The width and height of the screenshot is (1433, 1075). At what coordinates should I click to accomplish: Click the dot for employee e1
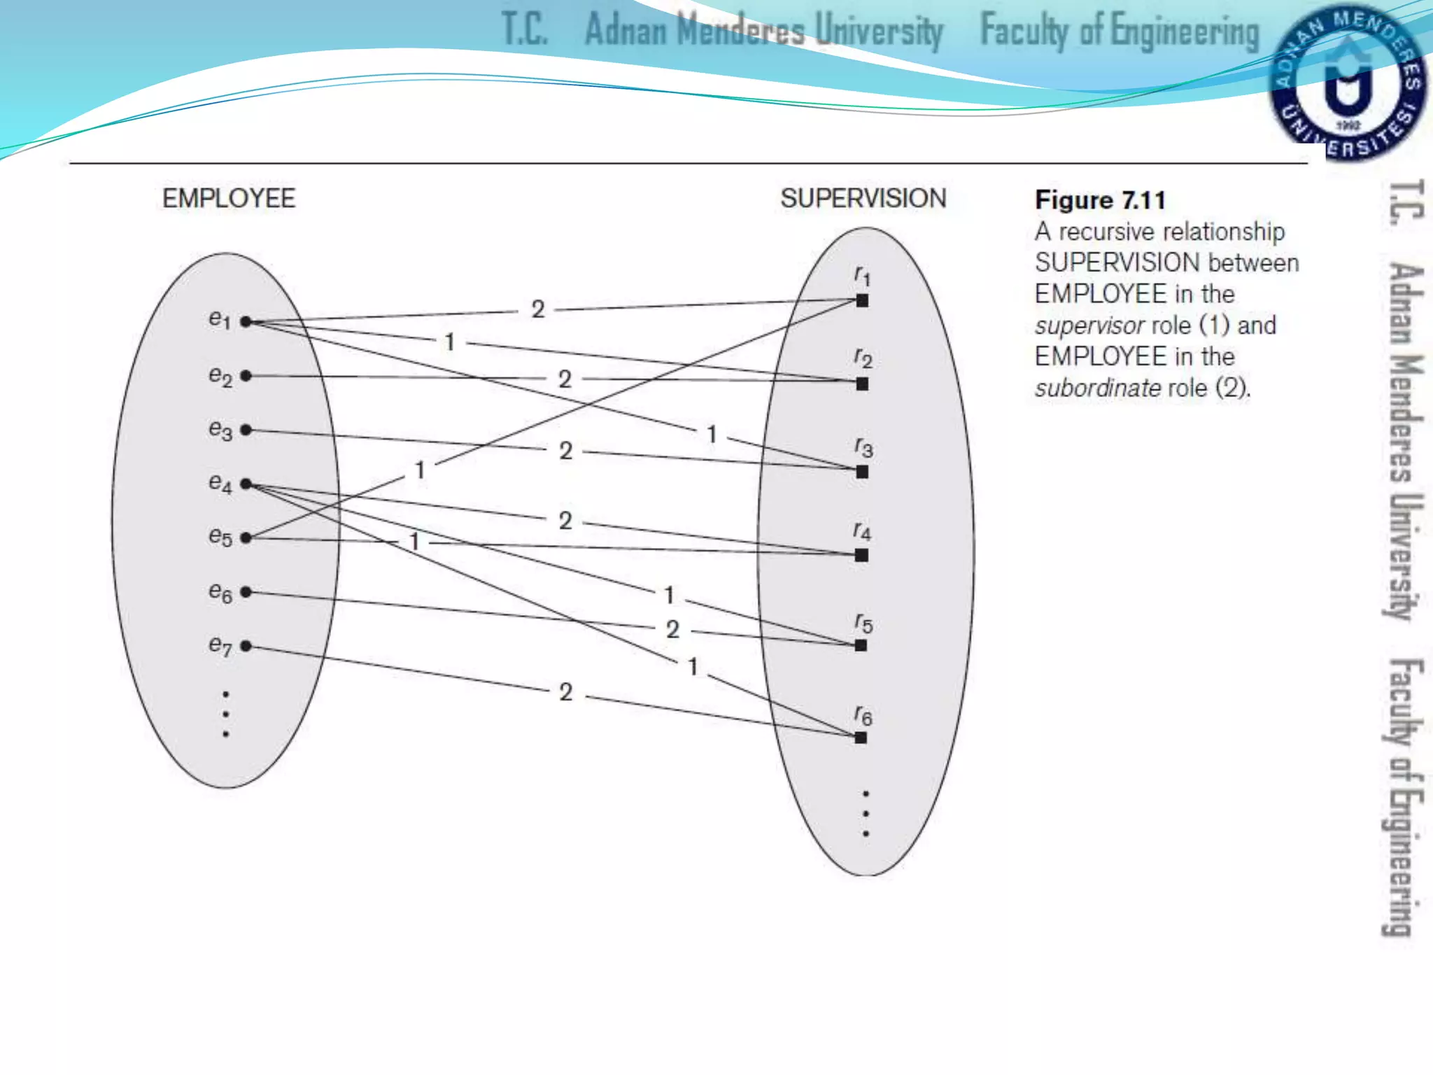pyautogui.click(x=246, y=322)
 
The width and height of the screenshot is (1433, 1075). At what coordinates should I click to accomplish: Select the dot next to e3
pyautogui.click(x=246, y=430)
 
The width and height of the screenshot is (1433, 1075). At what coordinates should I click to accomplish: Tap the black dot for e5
pyautogui.click(x=246, y=537)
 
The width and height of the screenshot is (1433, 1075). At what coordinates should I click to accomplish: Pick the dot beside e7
pyautogui.click(x=246, y=646)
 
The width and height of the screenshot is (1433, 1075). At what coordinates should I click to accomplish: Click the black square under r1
pyautogui.click(x=862, y=301)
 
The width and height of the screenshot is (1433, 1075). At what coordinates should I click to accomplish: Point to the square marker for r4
pyautogui.click(x=862, y=555)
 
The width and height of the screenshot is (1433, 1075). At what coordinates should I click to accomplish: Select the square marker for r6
pyautogui.click(x=861, y=738)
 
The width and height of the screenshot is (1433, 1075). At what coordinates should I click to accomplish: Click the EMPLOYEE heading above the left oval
pyautogui.click(x=229, y=199)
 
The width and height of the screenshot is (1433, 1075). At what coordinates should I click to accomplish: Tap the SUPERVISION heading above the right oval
pyautogui.click(x=863, y=199)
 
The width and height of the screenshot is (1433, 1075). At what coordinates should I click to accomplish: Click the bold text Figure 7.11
pyautogui.click(x=1100, y=201)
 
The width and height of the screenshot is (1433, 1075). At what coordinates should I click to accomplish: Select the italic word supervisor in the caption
pyautogui.click(x=1089, y=326)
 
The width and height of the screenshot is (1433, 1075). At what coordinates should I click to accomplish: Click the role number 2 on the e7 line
pyautogui.click(x=566, y=692)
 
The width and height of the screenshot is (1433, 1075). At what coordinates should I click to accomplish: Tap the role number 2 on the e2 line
pyautogui.click(x=565, y=379)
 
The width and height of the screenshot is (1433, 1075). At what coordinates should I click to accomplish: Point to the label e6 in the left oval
pyautogui.click(x=220, y=592)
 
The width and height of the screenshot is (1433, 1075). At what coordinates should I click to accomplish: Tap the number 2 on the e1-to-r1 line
pyautogui.click(x=537, y=309)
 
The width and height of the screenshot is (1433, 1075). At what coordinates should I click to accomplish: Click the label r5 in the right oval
pyautogui.click(x=863, y=622)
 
